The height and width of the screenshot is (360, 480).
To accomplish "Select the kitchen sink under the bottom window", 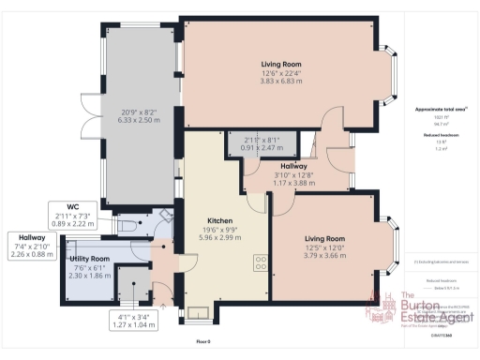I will tap(198, 313).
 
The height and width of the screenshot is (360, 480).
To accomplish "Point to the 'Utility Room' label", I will tap(92, 258).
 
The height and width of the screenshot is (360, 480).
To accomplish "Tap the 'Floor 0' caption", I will tap(203, 344).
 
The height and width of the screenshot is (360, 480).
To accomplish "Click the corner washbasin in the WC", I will tap(166, 214).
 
